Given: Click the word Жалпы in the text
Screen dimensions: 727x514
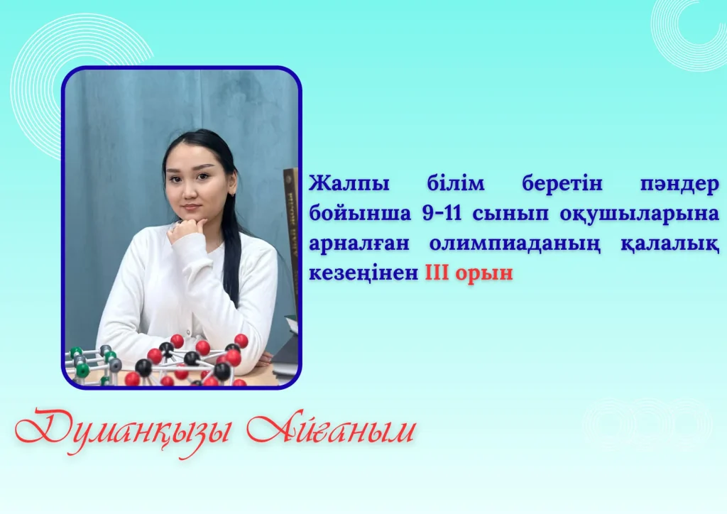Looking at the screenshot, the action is (x=349, y=185).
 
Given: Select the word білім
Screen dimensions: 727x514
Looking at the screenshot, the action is (x=455, y=184).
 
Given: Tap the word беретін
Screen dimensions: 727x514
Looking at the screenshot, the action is (x=562, y=184).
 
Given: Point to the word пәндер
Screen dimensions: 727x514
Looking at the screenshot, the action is (x=679, y=184).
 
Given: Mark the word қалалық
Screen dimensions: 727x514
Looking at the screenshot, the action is (x=670, y=244).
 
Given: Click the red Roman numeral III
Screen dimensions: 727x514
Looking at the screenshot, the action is (x=437, y=273).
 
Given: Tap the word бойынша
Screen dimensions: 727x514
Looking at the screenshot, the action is (x=360, y=214).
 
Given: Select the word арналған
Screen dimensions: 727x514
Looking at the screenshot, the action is (x=359, y=244).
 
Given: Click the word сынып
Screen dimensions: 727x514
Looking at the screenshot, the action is (x=511, y=214).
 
